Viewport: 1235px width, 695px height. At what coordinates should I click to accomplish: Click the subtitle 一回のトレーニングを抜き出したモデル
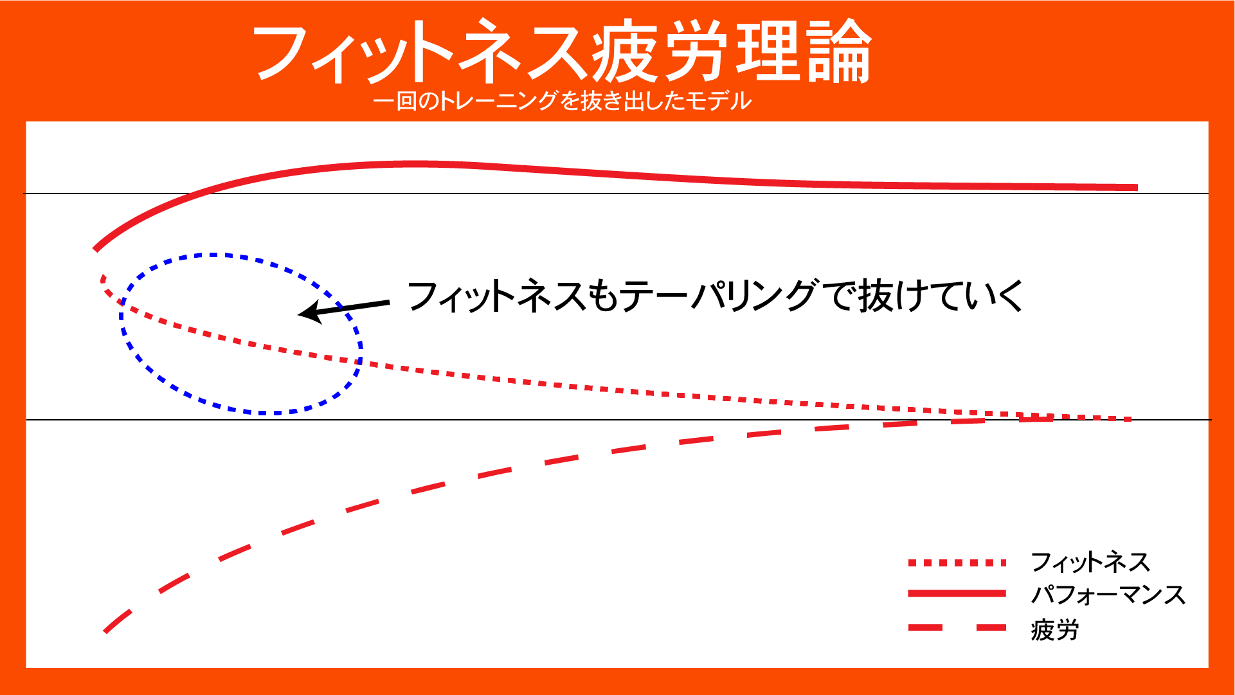click(562, 101)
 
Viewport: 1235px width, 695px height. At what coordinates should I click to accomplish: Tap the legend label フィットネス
click(1090, 563)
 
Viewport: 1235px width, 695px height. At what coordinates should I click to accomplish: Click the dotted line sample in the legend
click(957, 563)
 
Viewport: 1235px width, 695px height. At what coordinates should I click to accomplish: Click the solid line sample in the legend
click(957, 593)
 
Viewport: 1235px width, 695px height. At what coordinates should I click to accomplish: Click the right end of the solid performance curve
click(1135, 188)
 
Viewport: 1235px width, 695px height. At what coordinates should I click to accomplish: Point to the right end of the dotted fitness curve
click(1129, 419)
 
